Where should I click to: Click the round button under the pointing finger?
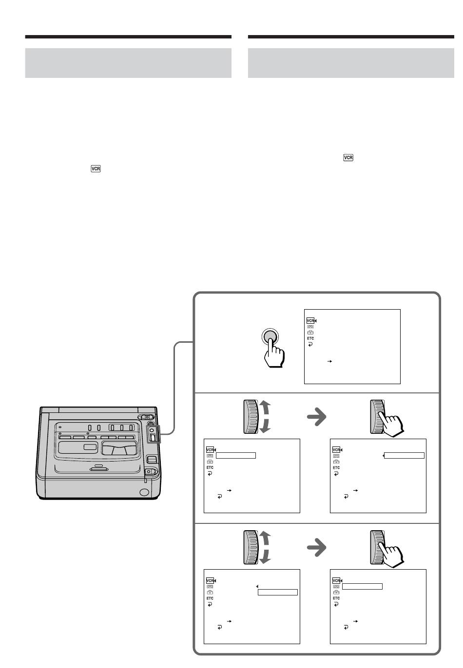[271, 336]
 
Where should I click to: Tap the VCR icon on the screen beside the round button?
[310, 321]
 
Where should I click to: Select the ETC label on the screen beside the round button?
[310, 338]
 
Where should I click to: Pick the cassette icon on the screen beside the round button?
[310, 327]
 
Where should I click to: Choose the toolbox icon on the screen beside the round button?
[310, 333]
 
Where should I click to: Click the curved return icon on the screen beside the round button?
[310, 344]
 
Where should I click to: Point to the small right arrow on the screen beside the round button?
[329, 361]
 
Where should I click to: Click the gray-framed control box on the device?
[153, 434]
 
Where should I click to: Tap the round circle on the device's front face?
[144, 492]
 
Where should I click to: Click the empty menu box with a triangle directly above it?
[277, 593]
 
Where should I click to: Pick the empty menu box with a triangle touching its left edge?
[404, 456]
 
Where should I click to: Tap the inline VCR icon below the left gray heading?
[96, 169]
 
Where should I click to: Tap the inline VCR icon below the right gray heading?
[348, 158]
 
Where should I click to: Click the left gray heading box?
[128, 63]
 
